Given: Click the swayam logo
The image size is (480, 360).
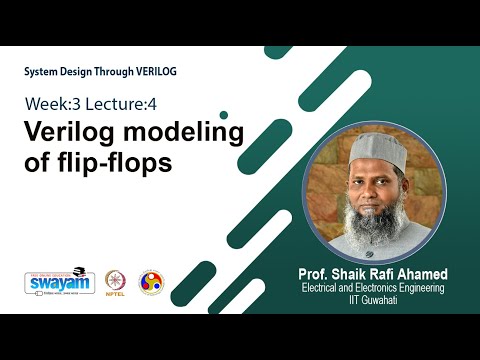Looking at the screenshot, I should [52, 282].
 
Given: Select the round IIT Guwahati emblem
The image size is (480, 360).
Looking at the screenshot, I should [150, 283].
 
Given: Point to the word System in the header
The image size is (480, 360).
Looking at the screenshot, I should [44, 72].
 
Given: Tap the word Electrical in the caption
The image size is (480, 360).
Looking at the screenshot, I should [323, 288].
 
